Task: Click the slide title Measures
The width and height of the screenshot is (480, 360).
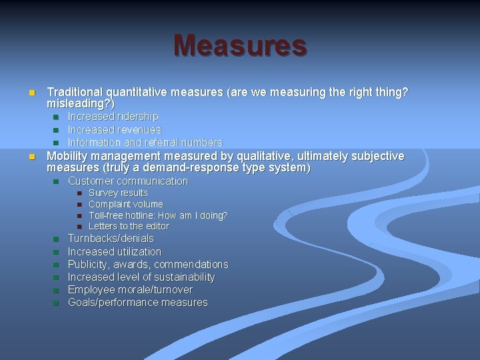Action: pyautogui.click(x=240, y=45)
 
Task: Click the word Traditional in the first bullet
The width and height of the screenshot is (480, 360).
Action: pyautogui.click(x=74, y=93)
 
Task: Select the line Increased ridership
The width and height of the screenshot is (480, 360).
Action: pyautogui.click(x=113, y=117)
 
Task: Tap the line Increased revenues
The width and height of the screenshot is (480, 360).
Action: pyautogui.click(x=114, y=129)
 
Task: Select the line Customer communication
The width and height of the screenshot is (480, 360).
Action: pyautogui.click(x=128, y=181)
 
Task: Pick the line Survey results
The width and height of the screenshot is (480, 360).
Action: pyautogui.click(x=118, y=193)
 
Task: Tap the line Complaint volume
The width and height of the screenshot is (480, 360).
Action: pyautogui.click(x=125, y=204)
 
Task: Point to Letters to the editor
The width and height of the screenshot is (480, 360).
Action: pyautogui.click(x=129, y=226)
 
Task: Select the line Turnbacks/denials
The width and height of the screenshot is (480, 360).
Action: pyautogui.click(x=111, y=238)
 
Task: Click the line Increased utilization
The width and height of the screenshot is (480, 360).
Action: pyautogui.click(x=114, y=251)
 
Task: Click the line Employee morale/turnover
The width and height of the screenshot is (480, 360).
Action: pyautogui.click(x=130, y=289)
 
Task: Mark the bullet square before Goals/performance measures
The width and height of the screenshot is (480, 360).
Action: pyautogui.click(x=56, y=303)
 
